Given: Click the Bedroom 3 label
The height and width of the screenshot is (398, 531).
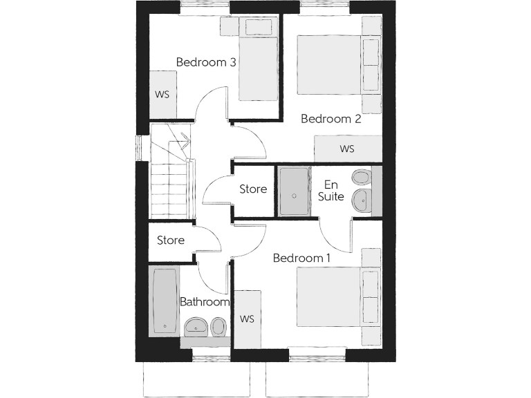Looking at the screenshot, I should [x=206, y=62].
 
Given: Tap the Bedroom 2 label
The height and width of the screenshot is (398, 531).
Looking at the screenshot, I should [x=331, y=119].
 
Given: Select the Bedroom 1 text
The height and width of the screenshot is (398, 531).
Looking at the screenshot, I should [x=301, y=258].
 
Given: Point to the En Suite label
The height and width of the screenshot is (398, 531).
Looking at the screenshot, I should [x=331, y=191].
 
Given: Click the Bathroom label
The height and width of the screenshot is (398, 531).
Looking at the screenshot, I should [x=205, y=302].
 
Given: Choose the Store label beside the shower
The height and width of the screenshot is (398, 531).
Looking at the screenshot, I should [x=253, y=189].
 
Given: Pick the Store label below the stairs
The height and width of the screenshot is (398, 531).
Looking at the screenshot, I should [x=170, y=240].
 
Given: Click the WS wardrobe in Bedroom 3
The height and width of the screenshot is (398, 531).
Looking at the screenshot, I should [x=162, y=94].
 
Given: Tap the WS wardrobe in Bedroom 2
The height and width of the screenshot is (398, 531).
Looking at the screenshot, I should [x=347, y=149].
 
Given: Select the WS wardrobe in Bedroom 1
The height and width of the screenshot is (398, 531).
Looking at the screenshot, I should [x=247, y=319].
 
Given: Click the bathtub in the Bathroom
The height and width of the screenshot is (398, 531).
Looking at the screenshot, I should [x=165, y=301].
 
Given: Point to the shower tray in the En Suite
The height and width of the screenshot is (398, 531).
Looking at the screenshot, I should [x=294, y=191].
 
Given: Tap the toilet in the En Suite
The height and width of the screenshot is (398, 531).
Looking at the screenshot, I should [x=361, y=178].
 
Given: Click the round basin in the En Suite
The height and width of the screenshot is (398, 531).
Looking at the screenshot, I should [x=361, y=202].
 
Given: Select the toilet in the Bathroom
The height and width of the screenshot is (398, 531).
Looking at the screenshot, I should [x=219, y=325].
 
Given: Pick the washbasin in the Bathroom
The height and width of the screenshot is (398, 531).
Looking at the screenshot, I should [x=196, y=325].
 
